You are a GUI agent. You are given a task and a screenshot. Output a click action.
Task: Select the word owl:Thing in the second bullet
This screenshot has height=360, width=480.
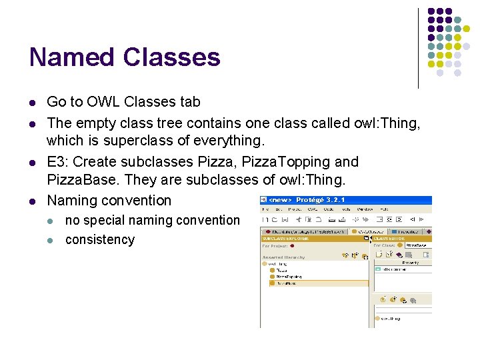tap(387, 123)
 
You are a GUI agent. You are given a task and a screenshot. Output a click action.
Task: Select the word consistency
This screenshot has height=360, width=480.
tap(100, 239)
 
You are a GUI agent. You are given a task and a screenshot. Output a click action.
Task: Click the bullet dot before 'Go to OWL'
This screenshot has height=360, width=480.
tap(32, 103)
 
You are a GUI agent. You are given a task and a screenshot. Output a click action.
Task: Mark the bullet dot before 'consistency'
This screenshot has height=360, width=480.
tap(52, 240)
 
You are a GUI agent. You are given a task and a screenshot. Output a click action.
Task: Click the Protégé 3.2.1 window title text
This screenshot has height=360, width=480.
tap(320, 200)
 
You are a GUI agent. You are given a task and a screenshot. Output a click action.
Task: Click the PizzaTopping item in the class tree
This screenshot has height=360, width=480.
tap(289, 277)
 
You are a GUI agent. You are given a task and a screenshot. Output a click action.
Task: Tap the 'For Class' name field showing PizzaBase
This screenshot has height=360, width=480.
tap(417, 245)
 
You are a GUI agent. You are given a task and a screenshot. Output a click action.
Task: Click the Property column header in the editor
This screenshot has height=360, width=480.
tap(411, 263)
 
